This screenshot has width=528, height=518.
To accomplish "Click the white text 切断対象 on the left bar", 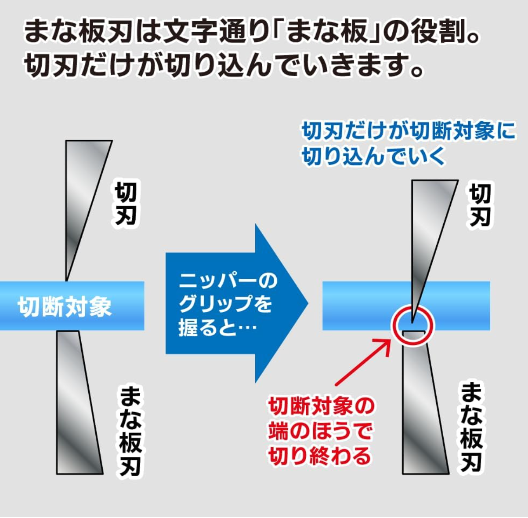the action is [x=65, y=307].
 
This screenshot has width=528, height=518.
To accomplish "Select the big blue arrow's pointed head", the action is [x=282, y=303].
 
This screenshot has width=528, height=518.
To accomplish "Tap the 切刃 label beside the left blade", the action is [x=125, y=204].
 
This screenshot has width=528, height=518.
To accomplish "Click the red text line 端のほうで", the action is [x=320, y=431].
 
